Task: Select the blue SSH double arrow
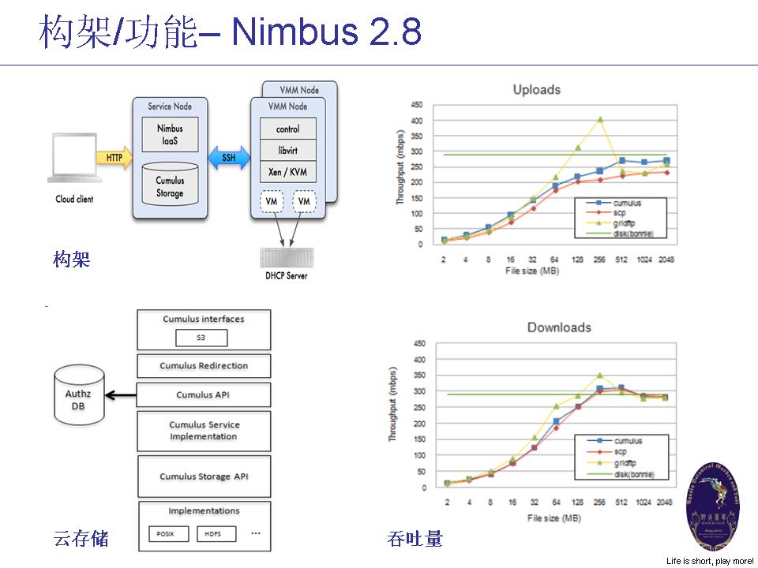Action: (228, 158)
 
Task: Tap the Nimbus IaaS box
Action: (170, 134)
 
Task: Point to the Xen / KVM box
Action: (287, 172)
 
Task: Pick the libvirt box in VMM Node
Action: (287, 151)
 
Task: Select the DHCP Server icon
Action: (286, 258)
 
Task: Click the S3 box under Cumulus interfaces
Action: (201, 338)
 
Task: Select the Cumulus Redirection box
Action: (204, 366)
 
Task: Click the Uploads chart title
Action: (536, 89)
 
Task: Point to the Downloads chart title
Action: (536, 327)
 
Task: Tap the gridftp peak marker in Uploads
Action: (600, 120)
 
